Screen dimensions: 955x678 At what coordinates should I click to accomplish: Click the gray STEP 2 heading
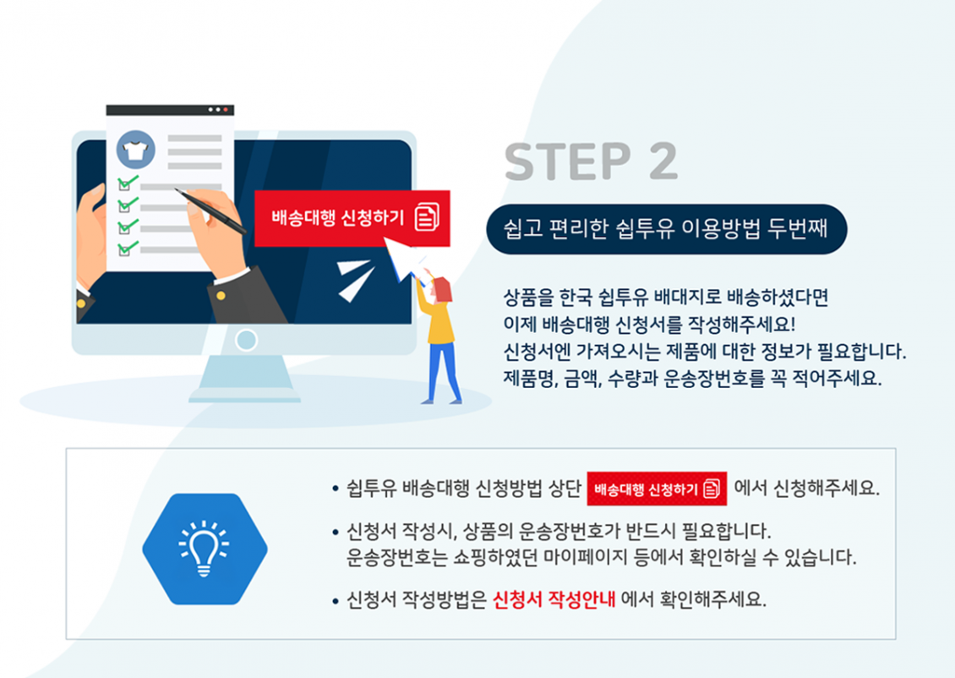591,161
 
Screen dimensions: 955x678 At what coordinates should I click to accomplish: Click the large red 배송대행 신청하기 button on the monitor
352,218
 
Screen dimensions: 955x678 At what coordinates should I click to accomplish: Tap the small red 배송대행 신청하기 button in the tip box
657,489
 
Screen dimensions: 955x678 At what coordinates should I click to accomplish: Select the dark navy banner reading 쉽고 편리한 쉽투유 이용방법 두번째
666,229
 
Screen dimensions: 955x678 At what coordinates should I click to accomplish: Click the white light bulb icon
204,549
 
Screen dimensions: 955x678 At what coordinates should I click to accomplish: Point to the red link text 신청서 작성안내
554,599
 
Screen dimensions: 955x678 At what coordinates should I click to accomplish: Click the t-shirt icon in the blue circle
136,150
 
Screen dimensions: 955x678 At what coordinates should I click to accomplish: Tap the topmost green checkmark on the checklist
128,182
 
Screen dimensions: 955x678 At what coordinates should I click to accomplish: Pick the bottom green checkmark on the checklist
128,248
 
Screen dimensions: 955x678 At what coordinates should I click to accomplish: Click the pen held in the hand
210,211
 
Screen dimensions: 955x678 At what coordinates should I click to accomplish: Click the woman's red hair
441,289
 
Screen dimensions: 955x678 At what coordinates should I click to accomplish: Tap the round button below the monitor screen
246,340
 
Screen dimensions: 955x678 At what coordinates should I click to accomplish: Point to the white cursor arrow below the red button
402,258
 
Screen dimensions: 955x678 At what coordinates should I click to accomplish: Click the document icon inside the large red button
427,217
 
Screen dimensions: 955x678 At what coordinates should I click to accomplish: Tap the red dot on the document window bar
226,110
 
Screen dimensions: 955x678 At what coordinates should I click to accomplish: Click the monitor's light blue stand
245,378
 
